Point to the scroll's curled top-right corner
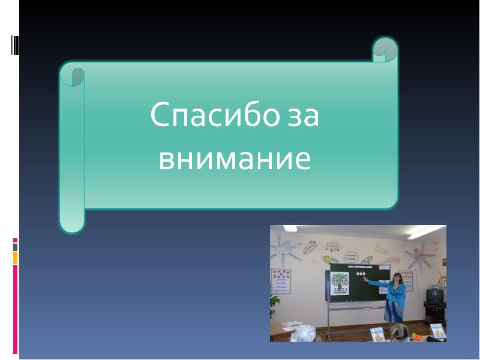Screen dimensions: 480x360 coord(385,49)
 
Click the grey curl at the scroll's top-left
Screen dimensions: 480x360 coord(78,77)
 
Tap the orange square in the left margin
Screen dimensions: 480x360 coord(16,258)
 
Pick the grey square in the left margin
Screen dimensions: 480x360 coord(16,247)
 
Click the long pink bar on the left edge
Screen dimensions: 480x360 coord(16,309)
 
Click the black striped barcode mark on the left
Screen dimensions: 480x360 coord(14,46)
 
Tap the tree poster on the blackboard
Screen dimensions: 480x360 coord(340,283)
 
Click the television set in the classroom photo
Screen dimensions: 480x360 coord(434,295)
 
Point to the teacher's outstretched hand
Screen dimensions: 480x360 coord(365,279)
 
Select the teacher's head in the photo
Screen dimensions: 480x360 coord(397,278)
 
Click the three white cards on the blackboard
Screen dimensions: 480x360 coord(361,274)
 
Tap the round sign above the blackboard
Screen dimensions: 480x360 coord(351,257)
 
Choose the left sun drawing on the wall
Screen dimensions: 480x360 coord(286,250)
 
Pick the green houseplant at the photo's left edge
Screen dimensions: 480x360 coord(275,305)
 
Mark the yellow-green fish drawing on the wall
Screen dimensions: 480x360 coord(330,260)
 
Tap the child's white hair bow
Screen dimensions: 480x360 coord(303,333)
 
